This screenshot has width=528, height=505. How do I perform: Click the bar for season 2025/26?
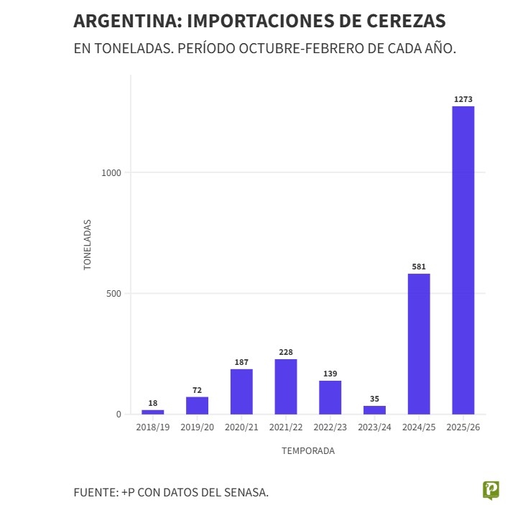coord(463,260)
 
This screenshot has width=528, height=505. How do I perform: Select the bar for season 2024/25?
coord(419,343)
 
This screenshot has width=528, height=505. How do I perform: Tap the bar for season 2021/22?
coord(286,386)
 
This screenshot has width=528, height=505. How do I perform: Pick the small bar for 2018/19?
coord(153,412)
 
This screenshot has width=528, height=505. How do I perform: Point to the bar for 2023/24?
coord(374,410)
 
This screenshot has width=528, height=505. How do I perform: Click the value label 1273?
coord(463,99)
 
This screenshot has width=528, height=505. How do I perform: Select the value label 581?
coord(419,267)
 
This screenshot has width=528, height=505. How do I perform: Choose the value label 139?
coord(330,374)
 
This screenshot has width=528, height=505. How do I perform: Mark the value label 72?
coord(197,390)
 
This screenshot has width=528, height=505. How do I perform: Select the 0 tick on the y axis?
coord(120,414)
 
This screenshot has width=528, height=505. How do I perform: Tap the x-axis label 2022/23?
coord(330,427)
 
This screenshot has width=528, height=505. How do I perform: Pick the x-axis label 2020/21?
coord(241,427)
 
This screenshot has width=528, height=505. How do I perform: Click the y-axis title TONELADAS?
coord(88,244)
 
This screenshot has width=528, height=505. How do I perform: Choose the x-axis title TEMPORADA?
coord(307,451)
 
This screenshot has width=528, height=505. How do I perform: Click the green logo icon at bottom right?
coord(491,491)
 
